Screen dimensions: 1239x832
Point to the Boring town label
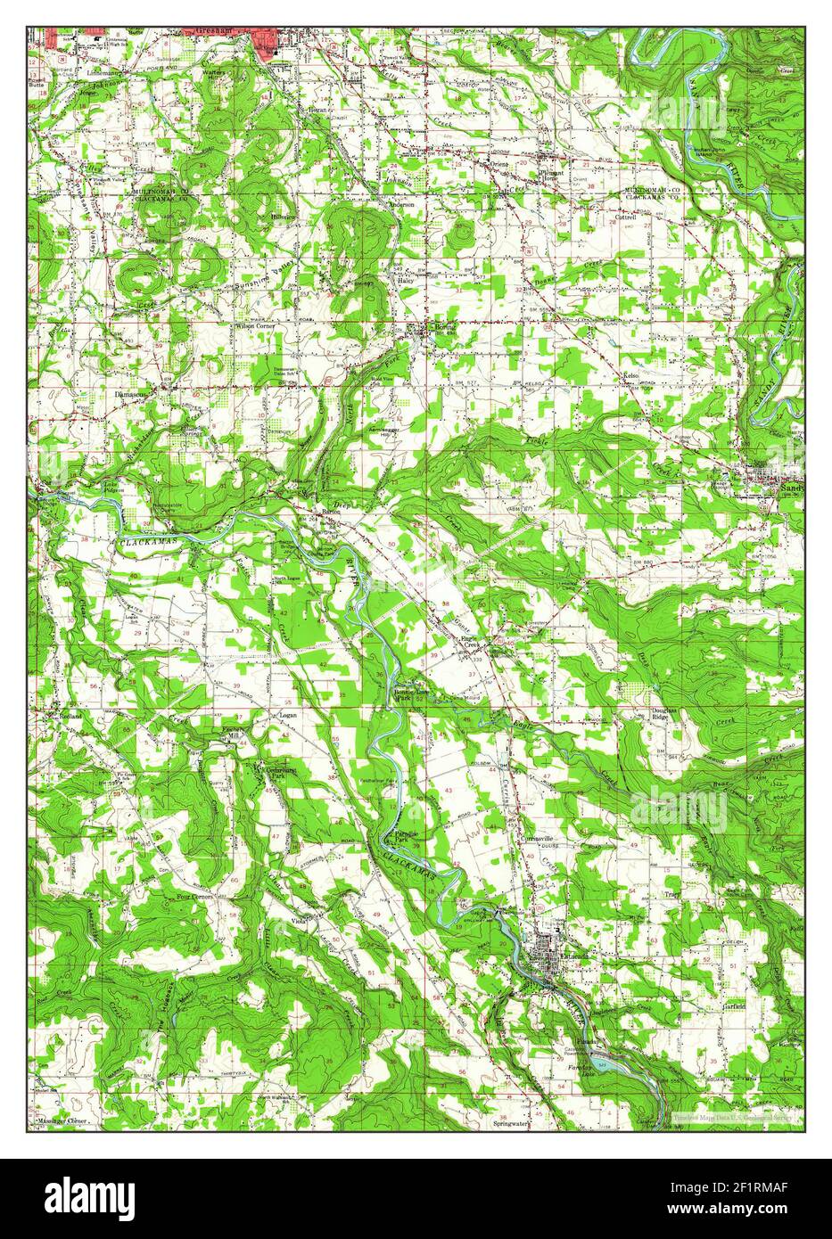pyautogui.click(x=443, y=326)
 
